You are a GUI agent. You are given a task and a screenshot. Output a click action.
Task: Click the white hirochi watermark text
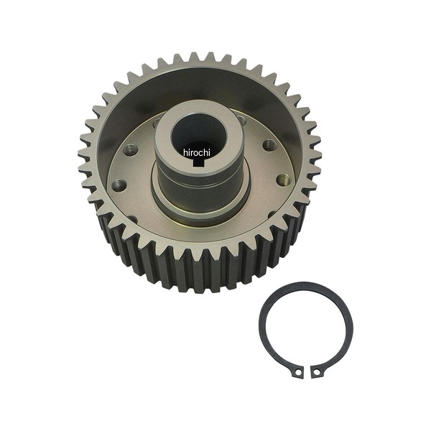point(197,152)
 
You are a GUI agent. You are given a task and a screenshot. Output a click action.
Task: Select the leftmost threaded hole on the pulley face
point(119,185)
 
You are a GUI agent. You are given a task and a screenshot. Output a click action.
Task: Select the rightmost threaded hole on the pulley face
point(284,180)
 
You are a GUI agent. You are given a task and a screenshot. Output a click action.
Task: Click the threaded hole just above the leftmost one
point(130,150)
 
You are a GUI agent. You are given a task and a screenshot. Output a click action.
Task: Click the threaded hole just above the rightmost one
point(269,145)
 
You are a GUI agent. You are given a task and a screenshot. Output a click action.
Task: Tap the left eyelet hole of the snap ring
point(298,372)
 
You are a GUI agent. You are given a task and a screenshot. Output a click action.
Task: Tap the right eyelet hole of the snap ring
point(317,372)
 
